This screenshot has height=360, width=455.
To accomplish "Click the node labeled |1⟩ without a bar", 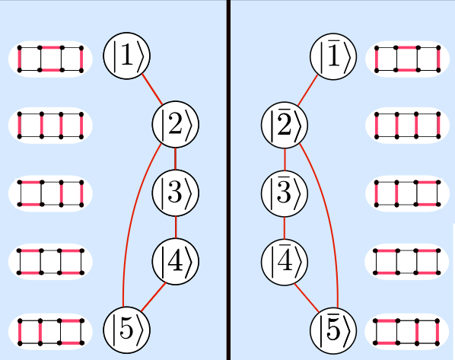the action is (x=127, y=56).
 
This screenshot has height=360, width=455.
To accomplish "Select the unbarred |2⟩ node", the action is (x=176, y=124).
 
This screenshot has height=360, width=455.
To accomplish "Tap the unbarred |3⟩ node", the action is (x=176, y=193).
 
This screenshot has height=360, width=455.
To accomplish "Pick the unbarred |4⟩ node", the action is (x=176, y=261).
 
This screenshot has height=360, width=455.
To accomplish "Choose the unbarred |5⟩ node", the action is (x=127, y=330).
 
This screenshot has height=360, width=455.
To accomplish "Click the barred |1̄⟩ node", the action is (x=333, y=56).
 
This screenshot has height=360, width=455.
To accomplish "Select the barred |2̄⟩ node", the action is (x=285, y=125).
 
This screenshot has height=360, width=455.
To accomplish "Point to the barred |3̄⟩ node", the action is (x=285, y=193).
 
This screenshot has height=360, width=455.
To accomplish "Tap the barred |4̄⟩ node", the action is (x=285, y=262).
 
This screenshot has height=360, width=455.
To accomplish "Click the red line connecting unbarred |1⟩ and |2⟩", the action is (x=151, y=89).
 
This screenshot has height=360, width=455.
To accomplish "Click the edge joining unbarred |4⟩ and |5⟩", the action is (x=153, y=297).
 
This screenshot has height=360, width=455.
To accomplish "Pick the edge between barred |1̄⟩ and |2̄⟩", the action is (x=308, y=91).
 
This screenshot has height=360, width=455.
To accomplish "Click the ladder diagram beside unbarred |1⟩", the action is (x=50, y=59).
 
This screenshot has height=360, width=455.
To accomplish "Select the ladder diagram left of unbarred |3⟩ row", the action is (x=50, y=193).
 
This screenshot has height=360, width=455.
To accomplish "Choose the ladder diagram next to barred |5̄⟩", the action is (x=407, y=332).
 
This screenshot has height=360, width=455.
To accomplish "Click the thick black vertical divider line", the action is (x=228, y=180).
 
